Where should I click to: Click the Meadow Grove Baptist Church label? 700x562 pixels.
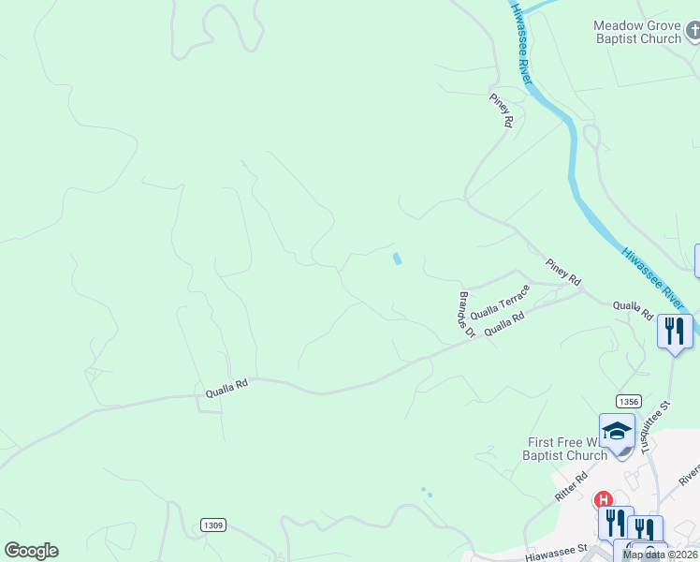pyautogui.click(x=637, y=32)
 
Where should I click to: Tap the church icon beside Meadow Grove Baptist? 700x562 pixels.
pyautogui.click(x=692, y=33)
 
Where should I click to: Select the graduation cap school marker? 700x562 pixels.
pyautogui.click(x=617, y=431)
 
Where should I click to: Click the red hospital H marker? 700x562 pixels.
pyautogui.click(x=604, y=500)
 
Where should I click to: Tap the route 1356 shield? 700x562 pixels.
pyautogui.click(x=628, y=401)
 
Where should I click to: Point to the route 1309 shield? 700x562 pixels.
pyautogui.click(x=212, y=525)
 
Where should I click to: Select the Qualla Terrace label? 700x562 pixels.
pyautogui.click(x=500, y=302)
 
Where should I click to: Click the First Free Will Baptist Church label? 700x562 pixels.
pyautogui.click(x=567, y=449)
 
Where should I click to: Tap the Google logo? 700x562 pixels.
pyautogui.click(x=31, y=551)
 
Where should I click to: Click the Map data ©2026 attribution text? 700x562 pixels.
pyautogui.click(x=660, y=555)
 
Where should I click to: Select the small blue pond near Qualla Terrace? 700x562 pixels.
pyautogui.click(x=398, y=259)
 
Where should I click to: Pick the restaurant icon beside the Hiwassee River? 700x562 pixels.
pyautogui.click(x=673, y=331)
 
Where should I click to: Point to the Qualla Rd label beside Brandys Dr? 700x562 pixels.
pyautogui.click(x=504, y=323)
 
